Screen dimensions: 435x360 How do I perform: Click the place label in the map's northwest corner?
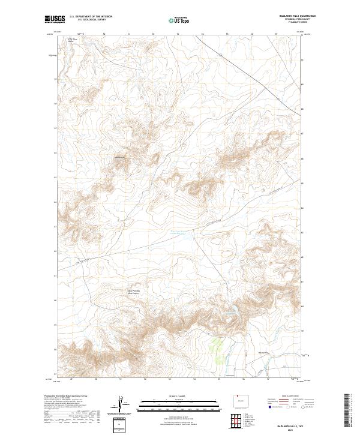pos(73,40)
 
